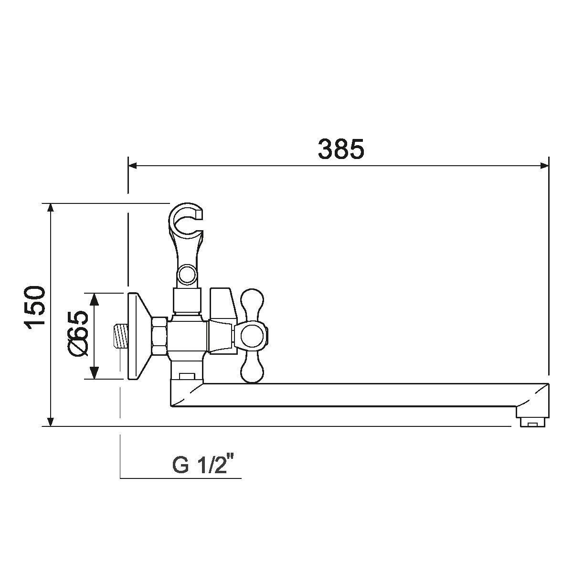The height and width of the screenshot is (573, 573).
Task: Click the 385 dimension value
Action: pos(341,149)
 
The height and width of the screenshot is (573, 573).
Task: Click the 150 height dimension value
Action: pos(35,308)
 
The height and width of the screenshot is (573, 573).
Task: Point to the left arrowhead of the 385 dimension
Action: pos(132,166)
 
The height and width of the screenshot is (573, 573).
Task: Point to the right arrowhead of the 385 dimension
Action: pos(544,166)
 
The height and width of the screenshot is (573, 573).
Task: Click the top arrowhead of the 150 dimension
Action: pos(51,208)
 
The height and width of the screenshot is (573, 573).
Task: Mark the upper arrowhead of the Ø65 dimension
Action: pos(94,299)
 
